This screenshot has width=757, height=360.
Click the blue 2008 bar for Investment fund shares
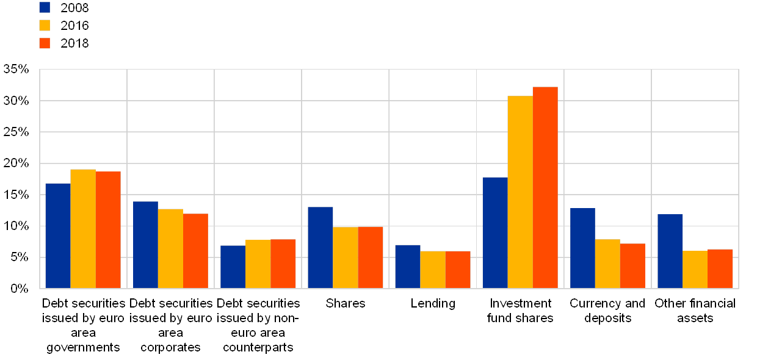(494, 232)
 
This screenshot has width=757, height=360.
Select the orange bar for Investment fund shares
(545, 187)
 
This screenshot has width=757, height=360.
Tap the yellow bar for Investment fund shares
(520, 192)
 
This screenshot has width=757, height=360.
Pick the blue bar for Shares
(320, 247)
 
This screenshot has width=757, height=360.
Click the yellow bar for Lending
(433, 269)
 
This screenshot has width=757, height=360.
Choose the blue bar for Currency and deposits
(582, 248)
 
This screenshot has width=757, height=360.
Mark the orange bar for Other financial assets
(720, 268)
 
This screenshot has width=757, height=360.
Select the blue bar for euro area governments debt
(58, 236)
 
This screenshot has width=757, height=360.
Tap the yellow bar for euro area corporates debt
(170, 248)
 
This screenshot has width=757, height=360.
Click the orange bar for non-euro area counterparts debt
(283, 264)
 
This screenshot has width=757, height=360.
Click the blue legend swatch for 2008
(45, 7)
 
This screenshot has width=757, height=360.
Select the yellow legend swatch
(45, 25)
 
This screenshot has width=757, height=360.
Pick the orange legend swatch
(45, 43)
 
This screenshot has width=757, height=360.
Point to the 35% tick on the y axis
(17, 69)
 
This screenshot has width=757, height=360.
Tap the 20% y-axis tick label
(17, 163)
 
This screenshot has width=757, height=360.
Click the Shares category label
(346, 303)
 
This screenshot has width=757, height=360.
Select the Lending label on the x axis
(433, 303)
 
